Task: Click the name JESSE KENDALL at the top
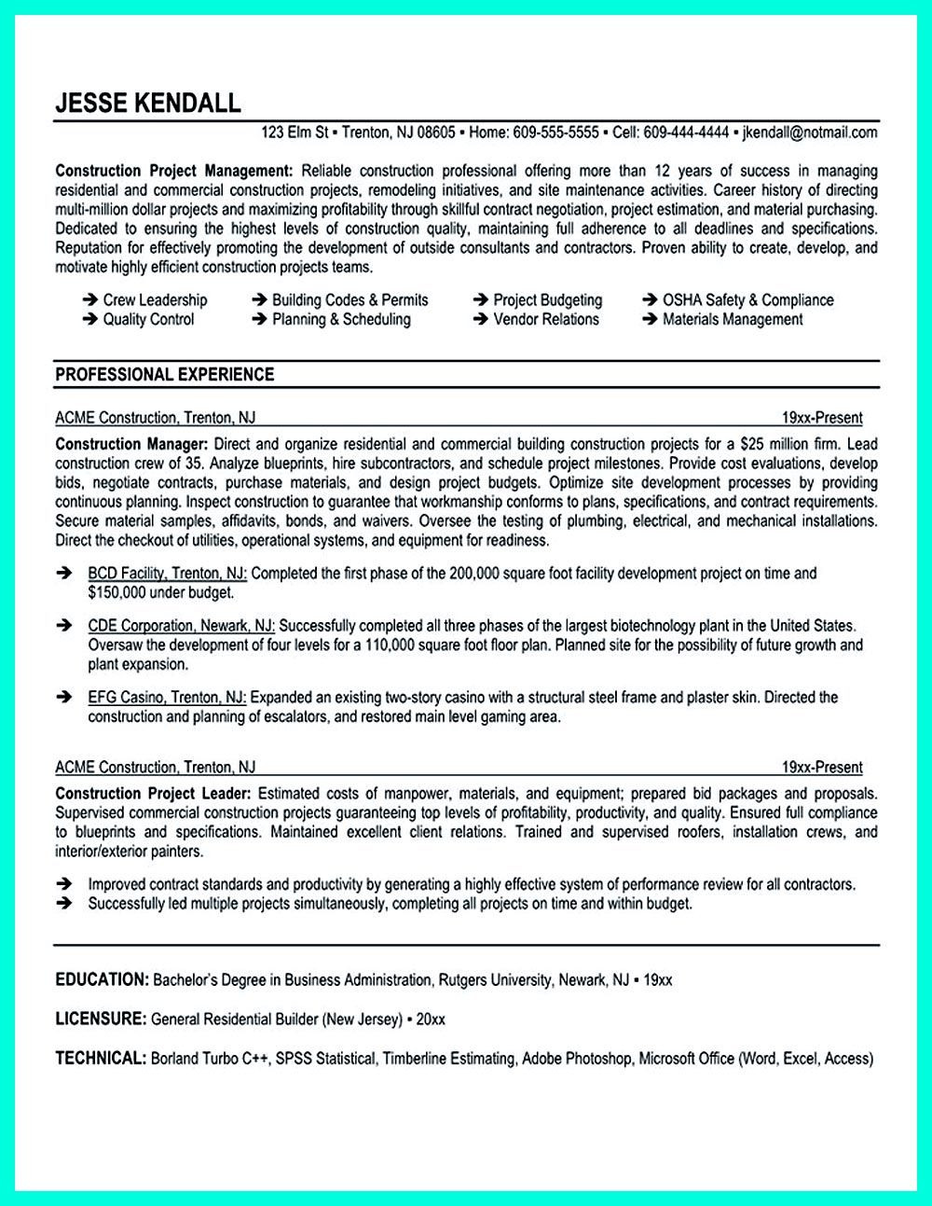(148, 103)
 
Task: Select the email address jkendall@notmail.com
(810, 132)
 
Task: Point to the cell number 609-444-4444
(686, 132)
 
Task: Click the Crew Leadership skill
(155, 300)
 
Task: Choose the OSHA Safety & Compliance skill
(747, 300)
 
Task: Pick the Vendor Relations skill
(546, 319)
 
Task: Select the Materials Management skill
(733, 319)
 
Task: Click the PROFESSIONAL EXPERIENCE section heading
(165, 374)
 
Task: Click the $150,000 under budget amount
(160, 592)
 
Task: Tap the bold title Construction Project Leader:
(153, 794)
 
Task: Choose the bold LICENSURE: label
(101, 1019)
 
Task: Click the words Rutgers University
(495, 980)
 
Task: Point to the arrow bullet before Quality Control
(89, 319)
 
